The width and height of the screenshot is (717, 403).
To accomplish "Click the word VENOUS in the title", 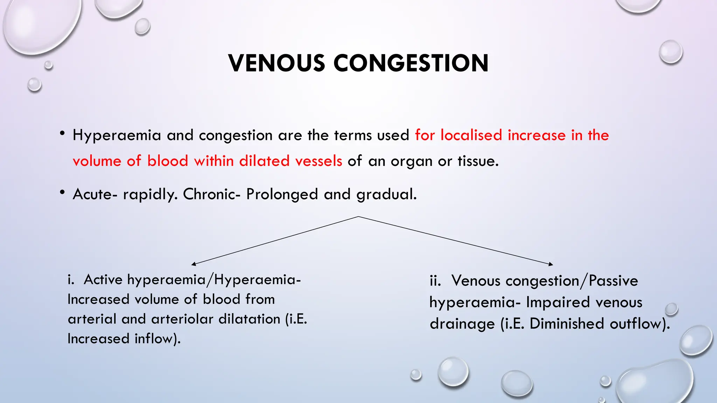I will (x=277, y=63).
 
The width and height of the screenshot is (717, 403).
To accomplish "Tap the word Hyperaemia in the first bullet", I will (x=117, y=135).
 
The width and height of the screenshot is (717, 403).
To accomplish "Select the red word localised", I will (x=471, y=135).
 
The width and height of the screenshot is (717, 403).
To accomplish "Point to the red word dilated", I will (x=264, y=161).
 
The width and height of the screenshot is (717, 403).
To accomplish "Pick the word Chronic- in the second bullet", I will (x=211, y=194).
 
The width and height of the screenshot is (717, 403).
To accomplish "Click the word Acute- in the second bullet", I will (x=95, y=194).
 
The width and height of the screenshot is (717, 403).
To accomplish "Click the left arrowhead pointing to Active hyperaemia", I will (x=193, y=264).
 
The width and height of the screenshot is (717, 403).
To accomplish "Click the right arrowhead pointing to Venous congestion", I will (x=551, y=264).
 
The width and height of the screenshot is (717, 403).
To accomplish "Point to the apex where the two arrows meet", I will (x=358, y=217).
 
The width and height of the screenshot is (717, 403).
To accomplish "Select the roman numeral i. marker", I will (x=71, y=280).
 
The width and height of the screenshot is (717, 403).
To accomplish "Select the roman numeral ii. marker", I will (x=435, y=281).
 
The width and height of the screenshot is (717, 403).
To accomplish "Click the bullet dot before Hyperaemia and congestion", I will (x=62, y=133).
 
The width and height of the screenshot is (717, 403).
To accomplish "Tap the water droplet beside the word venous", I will (x=671, y=309).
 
